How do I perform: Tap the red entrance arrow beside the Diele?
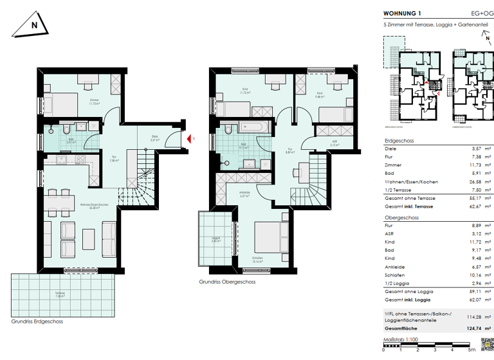coord(189,138)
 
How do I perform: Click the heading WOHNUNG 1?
coord(402,12)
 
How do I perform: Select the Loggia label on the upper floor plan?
coord(216,239)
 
